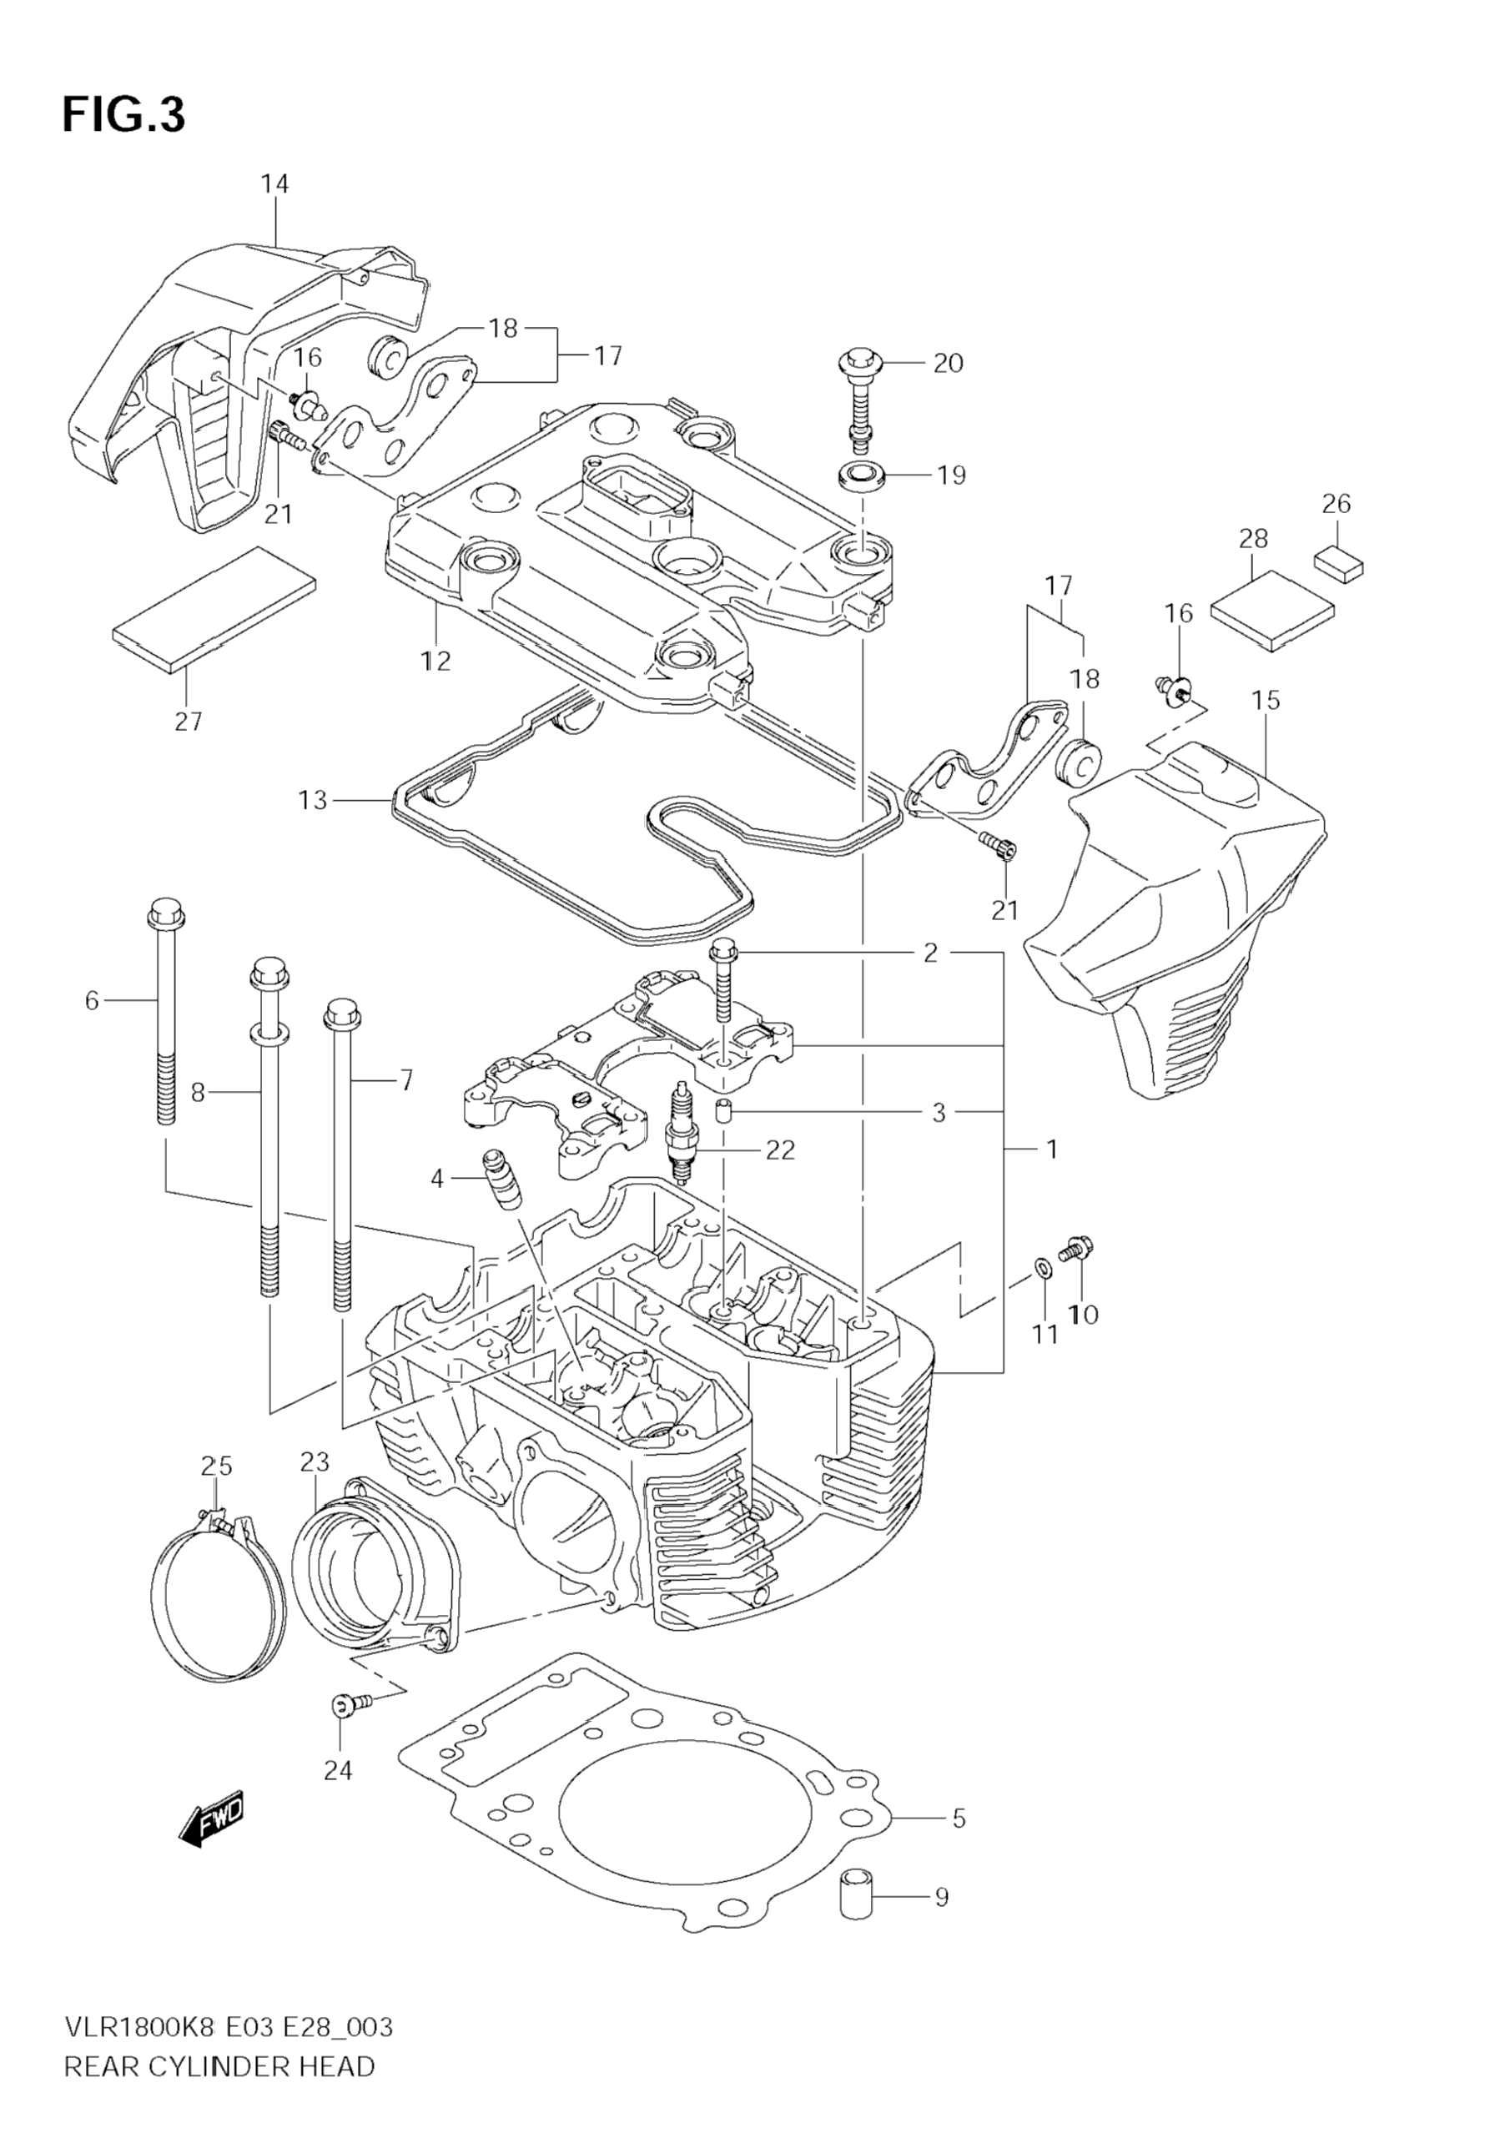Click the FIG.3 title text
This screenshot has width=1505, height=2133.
coord(123,115)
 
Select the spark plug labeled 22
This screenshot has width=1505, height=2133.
coord(682,1134)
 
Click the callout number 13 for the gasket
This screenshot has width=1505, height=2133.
coord(312,799)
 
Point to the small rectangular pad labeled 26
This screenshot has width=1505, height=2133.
coord(1339,562)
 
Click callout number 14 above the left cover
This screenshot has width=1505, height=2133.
coord(274,184)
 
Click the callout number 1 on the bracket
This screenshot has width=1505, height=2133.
coord(1052,1150)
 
